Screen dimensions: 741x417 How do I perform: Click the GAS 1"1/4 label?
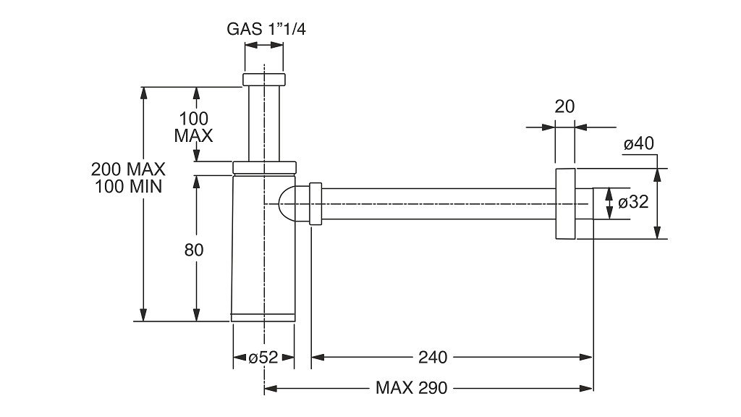pyautogui.click(x=266, y=29)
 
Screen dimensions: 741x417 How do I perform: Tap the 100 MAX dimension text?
pyautogui.click(x=193, y=127)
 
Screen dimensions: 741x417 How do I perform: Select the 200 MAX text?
pyautogui.click(x=128, y=169)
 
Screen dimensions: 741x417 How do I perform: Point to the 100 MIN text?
pyautogui.click(x=128, y=186)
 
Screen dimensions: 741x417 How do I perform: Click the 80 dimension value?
pyautogui.click(x=194, y=250)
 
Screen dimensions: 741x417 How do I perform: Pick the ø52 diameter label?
pyautogui.click(x=263, y=358)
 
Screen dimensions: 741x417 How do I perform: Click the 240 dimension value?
pyautogui.click(x=433, y=358)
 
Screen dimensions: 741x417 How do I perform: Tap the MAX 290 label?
pyautogui.click(x=411, y=388)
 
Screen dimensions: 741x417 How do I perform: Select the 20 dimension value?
pyautogui.click(x=564, y=107)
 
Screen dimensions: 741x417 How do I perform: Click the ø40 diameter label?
pyautogui.click(x=638, y=143)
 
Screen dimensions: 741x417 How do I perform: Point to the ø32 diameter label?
pyautogui.click(x=633, y=203)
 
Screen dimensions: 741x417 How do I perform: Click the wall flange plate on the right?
pyautogui.click(x=564, y=203)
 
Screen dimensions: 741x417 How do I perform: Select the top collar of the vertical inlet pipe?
pyautogui.click(x=264, y=80)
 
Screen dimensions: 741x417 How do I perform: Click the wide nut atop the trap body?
pyautogui.click(x=264, y=167)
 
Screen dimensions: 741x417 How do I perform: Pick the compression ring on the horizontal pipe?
pyautogui.click(x=316, y=203)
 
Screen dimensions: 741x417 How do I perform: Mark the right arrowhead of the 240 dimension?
pyautogui.click(x=586, y=358)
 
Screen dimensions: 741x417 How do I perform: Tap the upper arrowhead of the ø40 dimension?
pyautogui.click(x=657, y=175)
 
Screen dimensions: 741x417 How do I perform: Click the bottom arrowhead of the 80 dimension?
pyautogui.click(x=197, y=315)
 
